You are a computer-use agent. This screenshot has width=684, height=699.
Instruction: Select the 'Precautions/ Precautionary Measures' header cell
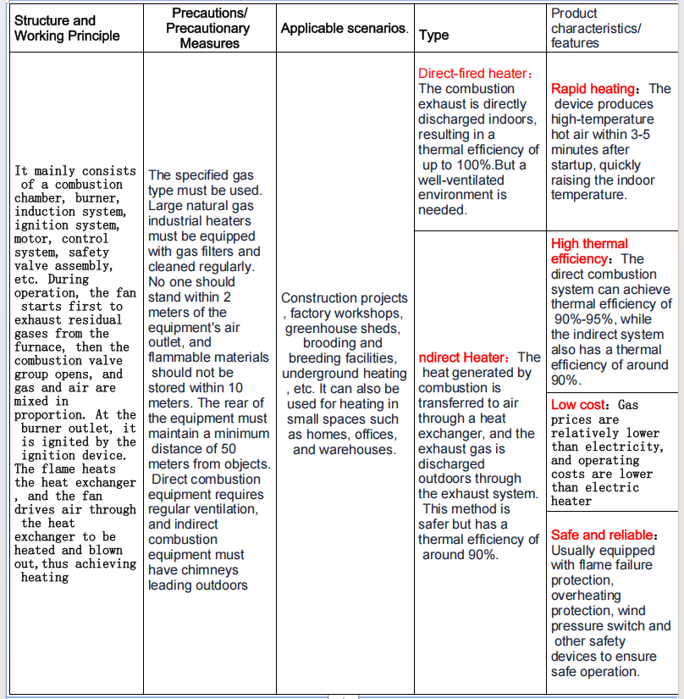[209, 28]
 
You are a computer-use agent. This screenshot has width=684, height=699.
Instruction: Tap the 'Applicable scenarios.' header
[345, 28]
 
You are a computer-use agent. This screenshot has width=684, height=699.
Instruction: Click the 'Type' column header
[434, 36]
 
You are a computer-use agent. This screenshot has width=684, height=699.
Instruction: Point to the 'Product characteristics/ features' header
[596, 28]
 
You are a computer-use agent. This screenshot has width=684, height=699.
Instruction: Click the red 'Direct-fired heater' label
[474, 74]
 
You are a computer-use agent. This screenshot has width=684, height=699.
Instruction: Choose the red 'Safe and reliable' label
[602, 535]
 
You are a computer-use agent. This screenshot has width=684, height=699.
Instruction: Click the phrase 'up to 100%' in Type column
[457, 165]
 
